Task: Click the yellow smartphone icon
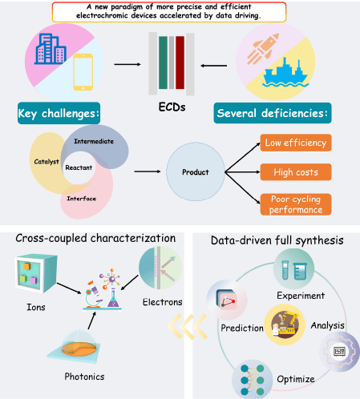coord(83,72)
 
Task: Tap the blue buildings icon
coord(51,49)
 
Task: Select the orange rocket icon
coord(263,49)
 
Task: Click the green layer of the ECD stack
coord(163,62)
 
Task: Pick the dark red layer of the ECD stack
coord(180,62)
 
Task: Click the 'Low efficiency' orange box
coord(296,143)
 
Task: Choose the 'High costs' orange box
coord(296,172)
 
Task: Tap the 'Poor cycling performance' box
coord(296,204)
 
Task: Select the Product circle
coord(196,171)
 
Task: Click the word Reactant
coord(79,167)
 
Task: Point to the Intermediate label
coord(94,141)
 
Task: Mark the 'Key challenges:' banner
coord(59,113)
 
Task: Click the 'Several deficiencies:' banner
coord(273,113)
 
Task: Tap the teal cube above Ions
coord(36,274)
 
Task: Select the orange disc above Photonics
coord(79,349)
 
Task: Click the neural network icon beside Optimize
coord(252,380)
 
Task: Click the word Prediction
coord(242,328)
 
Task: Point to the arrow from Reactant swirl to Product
coord(148,171)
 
